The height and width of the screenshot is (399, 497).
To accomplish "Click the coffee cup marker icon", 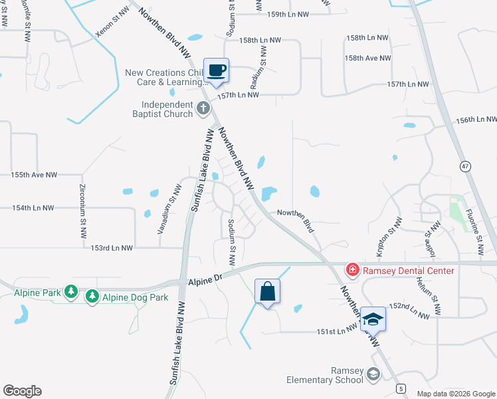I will coord(217,70).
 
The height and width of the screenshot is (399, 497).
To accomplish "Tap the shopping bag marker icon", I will coord(267,291).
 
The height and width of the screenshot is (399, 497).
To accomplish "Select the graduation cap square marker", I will coord(373,319).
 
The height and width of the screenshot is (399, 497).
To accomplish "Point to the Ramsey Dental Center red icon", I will coord(351,270).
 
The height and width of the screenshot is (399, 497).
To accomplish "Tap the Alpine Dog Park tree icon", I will coord(92,297).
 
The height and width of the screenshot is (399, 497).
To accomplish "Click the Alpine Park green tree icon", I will coord(70,292).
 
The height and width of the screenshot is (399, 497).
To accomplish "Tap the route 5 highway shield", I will coord(400,387).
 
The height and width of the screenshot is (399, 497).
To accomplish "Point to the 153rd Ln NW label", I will coord(112,247).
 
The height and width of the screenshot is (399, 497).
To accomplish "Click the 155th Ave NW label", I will coord(34,175).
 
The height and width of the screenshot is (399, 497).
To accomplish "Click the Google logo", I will coord(22,391).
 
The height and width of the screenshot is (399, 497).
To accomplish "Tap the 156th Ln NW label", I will coord(476,120).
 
